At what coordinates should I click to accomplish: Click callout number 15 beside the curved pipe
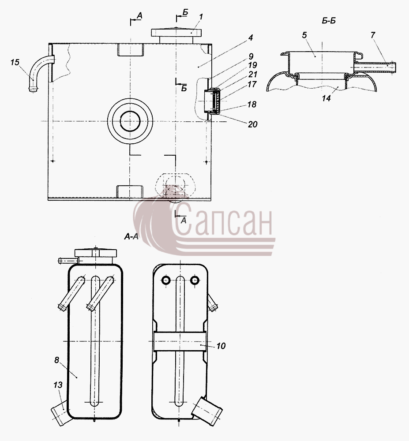(x=15, y=62)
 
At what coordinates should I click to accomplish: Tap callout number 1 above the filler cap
(x=201, y=17)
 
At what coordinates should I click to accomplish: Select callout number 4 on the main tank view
(x=251, y=37)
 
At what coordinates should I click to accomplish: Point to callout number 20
(x=253, y=124)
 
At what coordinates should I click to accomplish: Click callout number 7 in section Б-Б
(x=373, y=35)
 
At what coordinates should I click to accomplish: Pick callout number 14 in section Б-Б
(x=326, y=98)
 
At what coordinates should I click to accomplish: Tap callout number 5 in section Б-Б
(x=304, y=35)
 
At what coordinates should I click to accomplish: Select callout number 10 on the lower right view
(x=221, y=346)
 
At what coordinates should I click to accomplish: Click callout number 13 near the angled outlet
(x=58, y=385)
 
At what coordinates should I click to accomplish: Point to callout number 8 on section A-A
(x=57, y=360)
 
